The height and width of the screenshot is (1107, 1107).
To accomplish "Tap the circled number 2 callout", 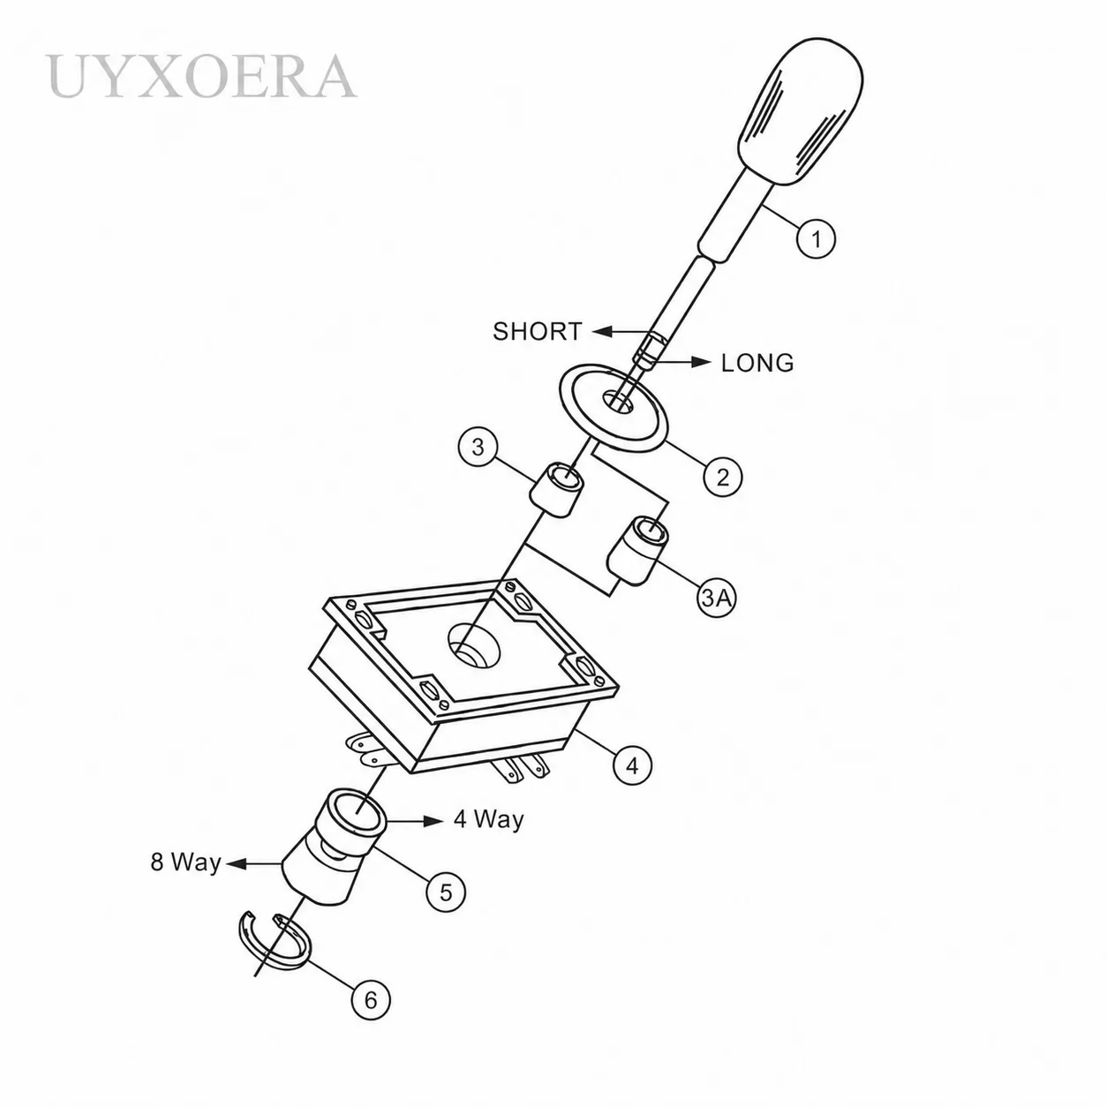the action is (722, 476).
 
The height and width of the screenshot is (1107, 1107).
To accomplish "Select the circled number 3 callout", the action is (478, 447).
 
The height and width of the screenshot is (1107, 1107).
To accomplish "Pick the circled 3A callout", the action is (717, 598).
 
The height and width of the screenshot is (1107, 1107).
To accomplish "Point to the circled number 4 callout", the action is (632, 765).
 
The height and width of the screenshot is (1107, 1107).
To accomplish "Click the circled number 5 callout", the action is (447, 892).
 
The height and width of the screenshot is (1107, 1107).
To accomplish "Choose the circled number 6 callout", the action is (371, 1000).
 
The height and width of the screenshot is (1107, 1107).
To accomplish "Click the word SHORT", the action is (538, 331).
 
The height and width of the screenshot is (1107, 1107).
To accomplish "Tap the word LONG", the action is (757, 363).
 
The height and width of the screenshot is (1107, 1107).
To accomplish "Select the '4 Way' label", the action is (489, 819).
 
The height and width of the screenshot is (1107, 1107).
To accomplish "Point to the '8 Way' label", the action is (185, 862).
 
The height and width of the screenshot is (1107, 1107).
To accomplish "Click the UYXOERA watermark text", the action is (201, 76).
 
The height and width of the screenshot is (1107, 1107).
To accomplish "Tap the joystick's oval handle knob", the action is (800, 112).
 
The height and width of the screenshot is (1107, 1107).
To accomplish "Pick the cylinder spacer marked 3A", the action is (638, 550).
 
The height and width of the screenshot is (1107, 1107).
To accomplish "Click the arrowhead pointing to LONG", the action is (701, 362).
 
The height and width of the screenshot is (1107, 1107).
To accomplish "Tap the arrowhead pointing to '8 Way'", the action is (237, 863).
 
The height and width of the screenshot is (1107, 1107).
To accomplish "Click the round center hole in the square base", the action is (474, 645).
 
